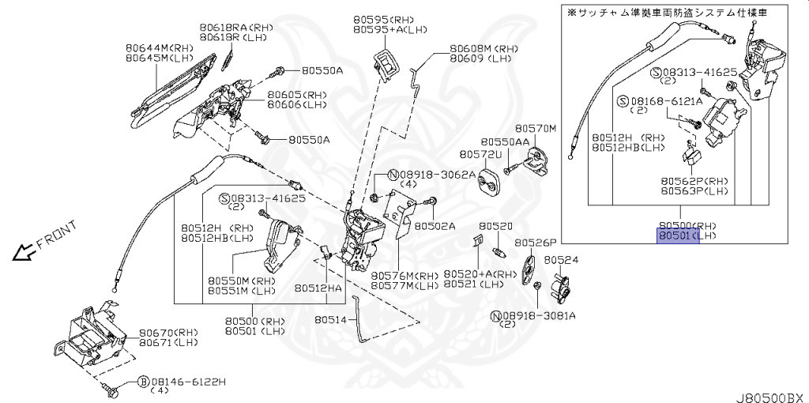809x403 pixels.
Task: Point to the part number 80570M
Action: [x=536, y=128]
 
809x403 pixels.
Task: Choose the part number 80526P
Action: [x=536, y=242]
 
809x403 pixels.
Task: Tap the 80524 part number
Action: [x=561, y=259]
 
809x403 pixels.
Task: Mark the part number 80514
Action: [x=330, y=320]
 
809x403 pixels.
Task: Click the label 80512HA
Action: [x=318, y=289]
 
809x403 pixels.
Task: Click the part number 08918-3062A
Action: [x=437, y=174]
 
